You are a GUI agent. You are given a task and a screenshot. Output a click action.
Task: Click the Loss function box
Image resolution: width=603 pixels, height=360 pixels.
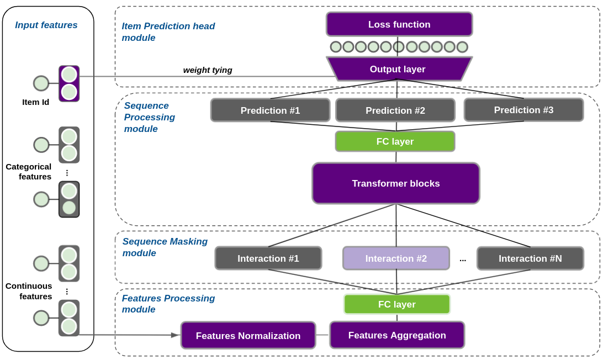tap(399, 24)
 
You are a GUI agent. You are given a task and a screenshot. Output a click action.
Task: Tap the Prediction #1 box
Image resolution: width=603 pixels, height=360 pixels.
tap(270, 110)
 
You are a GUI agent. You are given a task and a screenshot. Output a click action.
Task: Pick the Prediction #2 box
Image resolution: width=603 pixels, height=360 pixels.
tap(395, 110)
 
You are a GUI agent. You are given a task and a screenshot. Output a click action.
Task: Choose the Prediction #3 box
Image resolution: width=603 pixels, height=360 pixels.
tap(523, 110)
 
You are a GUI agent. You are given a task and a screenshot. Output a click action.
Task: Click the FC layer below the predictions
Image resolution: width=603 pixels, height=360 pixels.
tap(395, 141)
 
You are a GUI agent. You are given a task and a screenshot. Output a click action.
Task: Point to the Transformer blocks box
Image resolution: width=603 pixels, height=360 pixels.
tap(396, 183)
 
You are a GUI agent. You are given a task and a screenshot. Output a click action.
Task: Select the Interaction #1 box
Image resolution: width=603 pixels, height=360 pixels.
tap(268, 258)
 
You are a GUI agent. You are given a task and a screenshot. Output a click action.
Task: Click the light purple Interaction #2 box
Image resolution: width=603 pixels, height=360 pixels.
tap(396, 258)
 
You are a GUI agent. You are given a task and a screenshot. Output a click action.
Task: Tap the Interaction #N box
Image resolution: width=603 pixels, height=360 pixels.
tap(530, 258)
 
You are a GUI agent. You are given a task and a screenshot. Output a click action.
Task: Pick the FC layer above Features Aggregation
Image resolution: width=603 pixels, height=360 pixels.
tap(396, 304)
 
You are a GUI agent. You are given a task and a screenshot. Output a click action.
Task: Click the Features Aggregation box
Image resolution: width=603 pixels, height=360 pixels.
tap(397, 335)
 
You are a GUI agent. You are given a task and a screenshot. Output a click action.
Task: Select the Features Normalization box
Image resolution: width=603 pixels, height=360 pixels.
tap(248, 336)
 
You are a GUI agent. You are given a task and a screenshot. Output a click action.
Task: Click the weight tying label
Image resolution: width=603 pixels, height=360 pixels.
tap(208, 70)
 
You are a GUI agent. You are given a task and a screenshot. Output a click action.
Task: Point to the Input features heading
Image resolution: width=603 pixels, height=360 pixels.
tap(46, 25)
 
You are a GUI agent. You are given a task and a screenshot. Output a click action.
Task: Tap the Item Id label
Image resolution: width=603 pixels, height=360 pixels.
tap(35, 102)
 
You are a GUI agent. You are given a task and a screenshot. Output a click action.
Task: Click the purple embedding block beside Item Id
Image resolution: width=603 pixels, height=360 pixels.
tap(69, 83)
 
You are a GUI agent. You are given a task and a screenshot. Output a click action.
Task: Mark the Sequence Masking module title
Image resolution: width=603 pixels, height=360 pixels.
tap(165, 247)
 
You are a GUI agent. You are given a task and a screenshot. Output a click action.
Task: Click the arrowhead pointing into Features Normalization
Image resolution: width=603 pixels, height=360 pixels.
tap(175, 335)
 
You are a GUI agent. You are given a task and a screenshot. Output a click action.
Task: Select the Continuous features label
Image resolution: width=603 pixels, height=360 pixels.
tap(29, 291)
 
